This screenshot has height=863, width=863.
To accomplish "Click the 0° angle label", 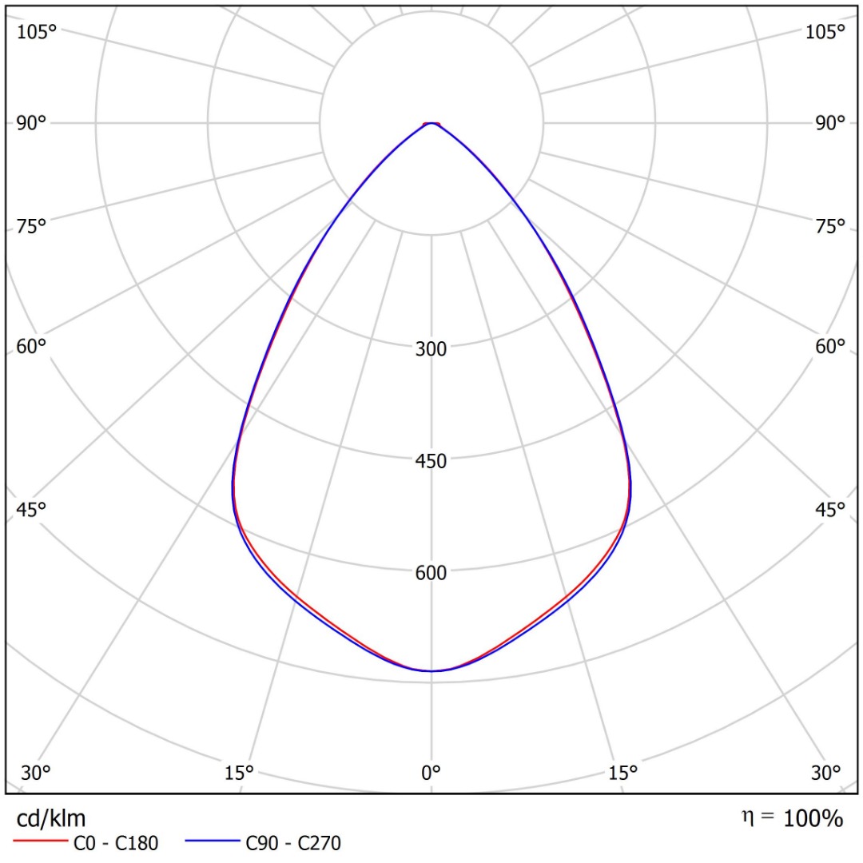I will tap(431, 773).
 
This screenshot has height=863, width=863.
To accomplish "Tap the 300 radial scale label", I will tap(431, 348).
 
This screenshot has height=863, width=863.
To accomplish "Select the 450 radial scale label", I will tap(431, 461).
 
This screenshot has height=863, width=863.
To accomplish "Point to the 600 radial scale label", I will tap(431, 573).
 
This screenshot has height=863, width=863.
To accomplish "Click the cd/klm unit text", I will tap(51, 818).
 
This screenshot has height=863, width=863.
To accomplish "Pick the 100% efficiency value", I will tap(813, 818).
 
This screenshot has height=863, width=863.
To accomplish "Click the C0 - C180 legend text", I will tap(116, 843).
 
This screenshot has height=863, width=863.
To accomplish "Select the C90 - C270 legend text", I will tap(293, 843).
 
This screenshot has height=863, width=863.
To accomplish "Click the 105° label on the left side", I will tap(38, 32).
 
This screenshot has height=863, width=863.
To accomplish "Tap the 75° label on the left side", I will tap(32, 226).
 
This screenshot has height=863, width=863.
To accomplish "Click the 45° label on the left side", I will tap(32, 509).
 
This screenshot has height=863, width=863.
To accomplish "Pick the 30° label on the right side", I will tap(826, 773).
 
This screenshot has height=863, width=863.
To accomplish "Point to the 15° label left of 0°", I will tap(239, 773).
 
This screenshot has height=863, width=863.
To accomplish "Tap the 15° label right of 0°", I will tap(623, 773).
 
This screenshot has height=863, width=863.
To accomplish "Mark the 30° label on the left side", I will tap(36, 773).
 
